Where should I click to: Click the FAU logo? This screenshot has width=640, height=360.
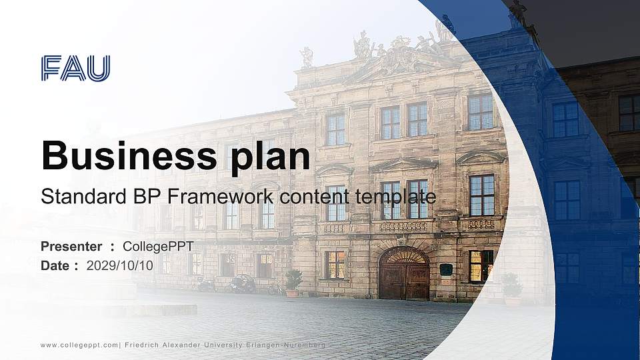(x=75, y=69)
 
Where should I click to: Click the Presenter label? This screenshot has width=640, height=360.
(x=71, y=247)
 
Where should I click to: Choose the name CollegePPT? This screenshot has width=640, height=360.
(x=158, y=247)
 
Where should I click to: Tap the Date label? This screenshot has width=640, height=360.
(x=55, y=265)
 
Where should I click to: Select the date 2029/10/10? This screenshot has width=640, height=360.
(x=120, y=265)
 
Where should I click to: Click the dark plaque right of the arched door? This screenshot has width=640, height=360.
(x=446, y=269)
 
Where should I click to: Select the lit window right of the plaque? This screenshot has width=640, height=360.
(x=481, y=265)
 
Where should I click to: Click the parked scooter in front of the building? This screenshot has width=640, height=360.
(x=242, y=284)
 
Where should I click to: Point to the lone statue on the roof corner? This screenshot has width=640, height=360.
(x=306, y=57)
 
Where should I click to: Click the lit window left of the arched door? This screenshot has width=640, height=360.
(x=335, y=265)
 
